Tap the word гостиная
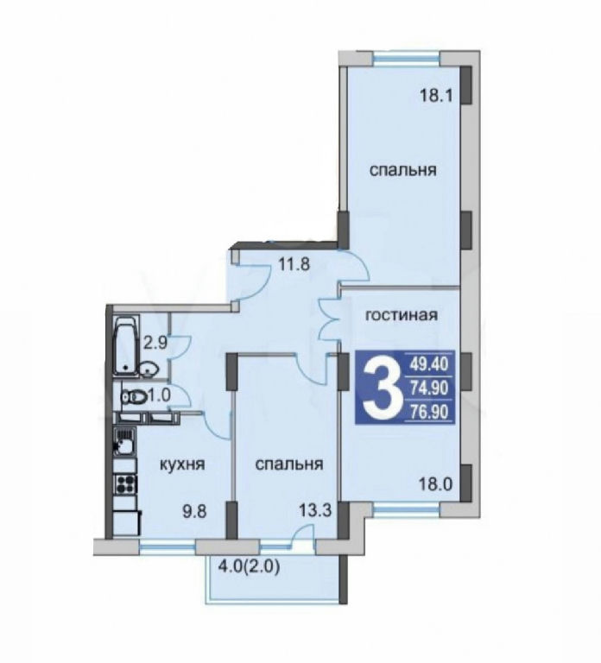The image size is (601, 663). [x=402, y=315]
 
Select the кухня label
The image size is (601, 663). [x=182, y=464]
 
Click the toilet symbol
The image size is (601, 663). [x=135, y=397]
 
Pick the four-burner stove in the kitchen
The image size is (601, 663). [x=126, y=484]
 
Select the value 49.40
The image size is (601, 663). [x=428, y=364]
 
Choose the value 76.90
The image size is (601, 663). [x=428, y=412]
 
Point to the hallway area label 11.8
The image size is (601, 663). [x=294, y=265]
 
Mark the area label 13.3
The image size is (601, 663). [x=315, y=511]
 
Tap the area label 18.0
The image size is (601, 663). [x=435, y=483]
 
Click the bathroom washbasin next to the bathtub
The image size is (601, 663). [x=148, y=370]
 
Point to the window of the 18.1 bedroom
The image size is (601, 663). [x=407, y=58]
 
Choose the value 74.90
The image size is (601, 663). [x=428, y=388]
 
